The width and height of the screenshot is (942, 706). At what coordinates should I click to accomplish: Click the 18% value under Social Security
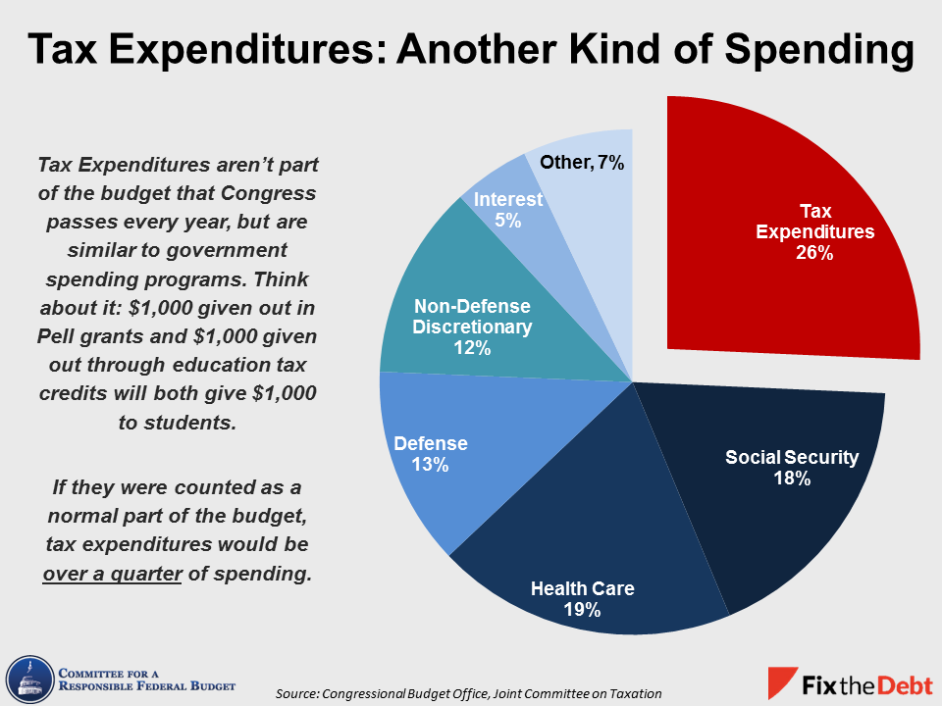[x=791, y=479]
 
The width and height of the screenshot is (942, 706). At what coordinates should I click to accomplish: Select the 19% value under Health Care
[x=582, y=610]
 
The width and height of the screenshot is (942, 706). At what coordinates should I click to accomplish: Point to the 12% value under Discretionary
[x=472, y=347]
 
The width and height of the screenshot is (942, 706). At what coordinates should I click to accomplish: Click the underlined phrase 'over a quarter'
[x=112, y=574]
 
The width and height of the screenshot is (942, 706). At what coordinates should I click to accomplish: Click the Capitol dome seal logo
[x=28, y=677]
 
